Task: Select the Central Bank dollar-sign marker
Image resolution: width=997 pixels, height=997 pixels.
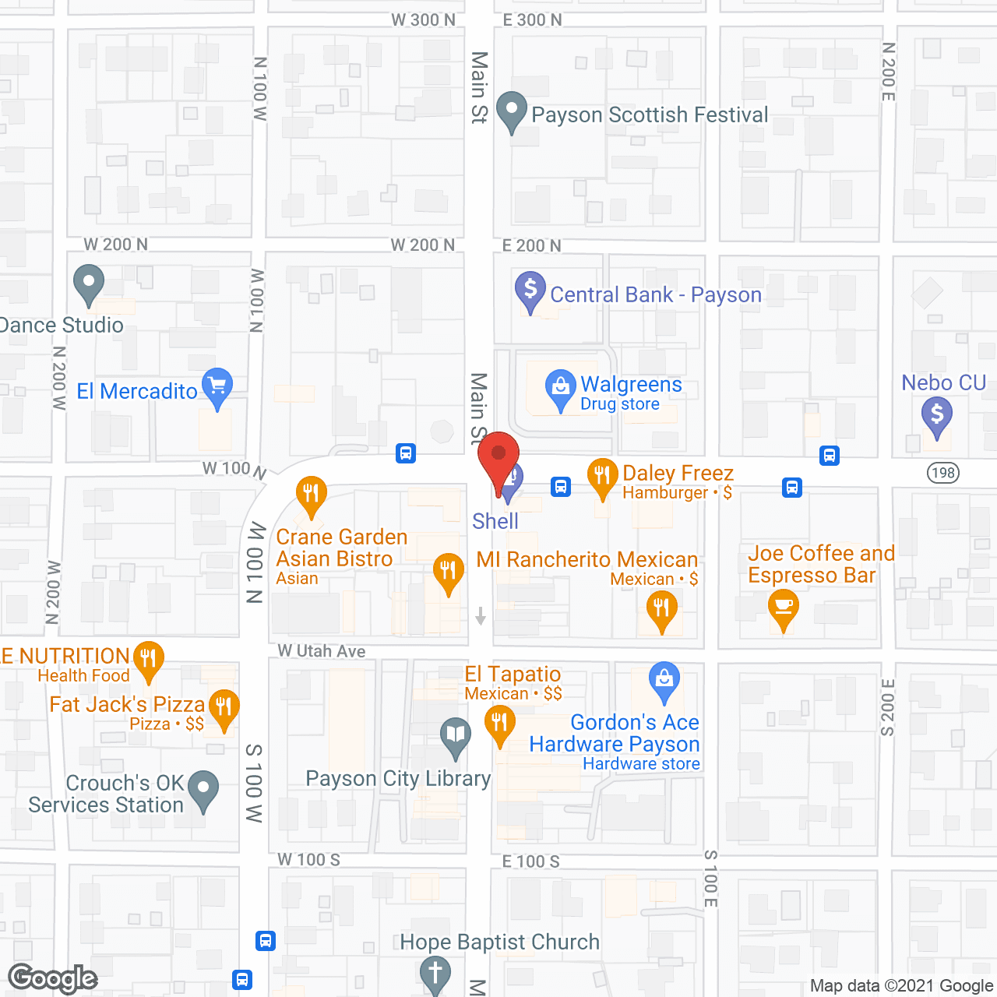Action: tap(530, 291)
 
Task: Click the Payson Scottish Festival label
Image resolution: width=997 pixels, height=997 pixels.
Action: tap(650, 115)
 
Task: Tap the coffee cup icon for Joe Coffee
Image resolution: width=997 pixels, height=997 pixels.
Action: tap(784, 608)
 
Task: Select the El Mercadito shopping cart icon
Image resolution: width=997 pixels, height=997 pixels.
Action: tap(217, 386)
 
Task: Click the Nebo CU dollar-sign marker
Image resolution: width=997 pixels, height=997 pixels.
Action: tap(937, 415)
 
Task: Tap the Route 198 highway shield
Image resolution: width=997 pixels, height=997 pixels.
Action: tap(943, 472)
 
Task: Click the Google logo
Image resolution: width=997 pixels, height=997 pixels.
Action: tap(53, 978)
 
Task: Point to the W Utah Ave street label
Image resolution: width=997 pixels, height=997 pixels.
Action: tap(322, 651)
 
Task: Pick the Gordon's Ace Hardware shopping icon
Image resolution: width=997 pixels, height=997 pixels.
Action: tap(664, 681)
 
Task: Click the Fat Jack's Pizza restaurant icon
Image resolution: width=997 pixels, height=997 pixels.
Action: tap(224, 708)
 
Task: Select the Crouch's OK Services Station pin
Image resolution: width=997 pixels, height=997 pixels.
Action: tap(203, 789)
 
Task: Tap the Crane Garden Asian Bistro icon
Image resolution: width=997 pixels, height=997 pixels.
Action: tap(311, 495)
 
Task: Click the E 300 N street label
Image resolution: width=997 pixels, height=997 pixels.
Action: tap(532, 20)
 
